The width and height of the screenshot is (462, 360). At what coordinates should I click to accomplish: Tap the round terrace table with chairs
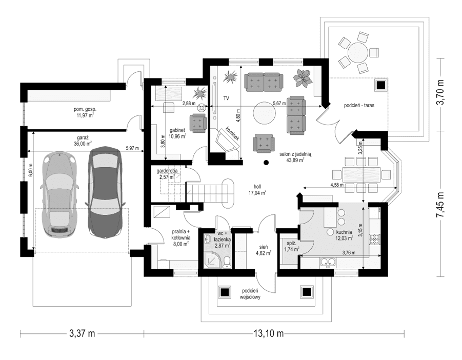click(357, 53)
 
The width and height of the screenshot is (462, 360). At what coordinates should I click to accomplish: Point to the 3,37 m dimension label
click(83, 334)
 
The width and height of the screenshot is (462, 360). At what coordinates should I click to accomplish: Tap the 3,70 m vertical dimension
click(440, 91)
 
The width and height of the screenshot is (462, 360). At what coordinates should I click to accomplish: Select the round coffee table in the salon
click(265, 110)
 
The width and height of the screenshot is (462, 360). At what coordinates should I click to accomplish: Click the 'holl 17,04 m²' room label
click(260, 190)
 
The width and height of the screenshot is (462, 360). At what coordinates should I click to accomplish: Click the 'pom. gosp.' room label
click(85, 112)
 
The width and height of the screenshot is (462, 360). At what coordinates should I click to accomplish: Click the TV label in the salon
click(226, 97)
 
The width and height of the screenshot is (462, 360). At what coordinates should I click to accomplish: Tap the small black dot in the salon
click(266, 163)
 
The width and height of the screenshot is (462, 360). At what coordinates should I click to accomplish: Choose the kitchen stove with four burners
click(378, 238)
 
